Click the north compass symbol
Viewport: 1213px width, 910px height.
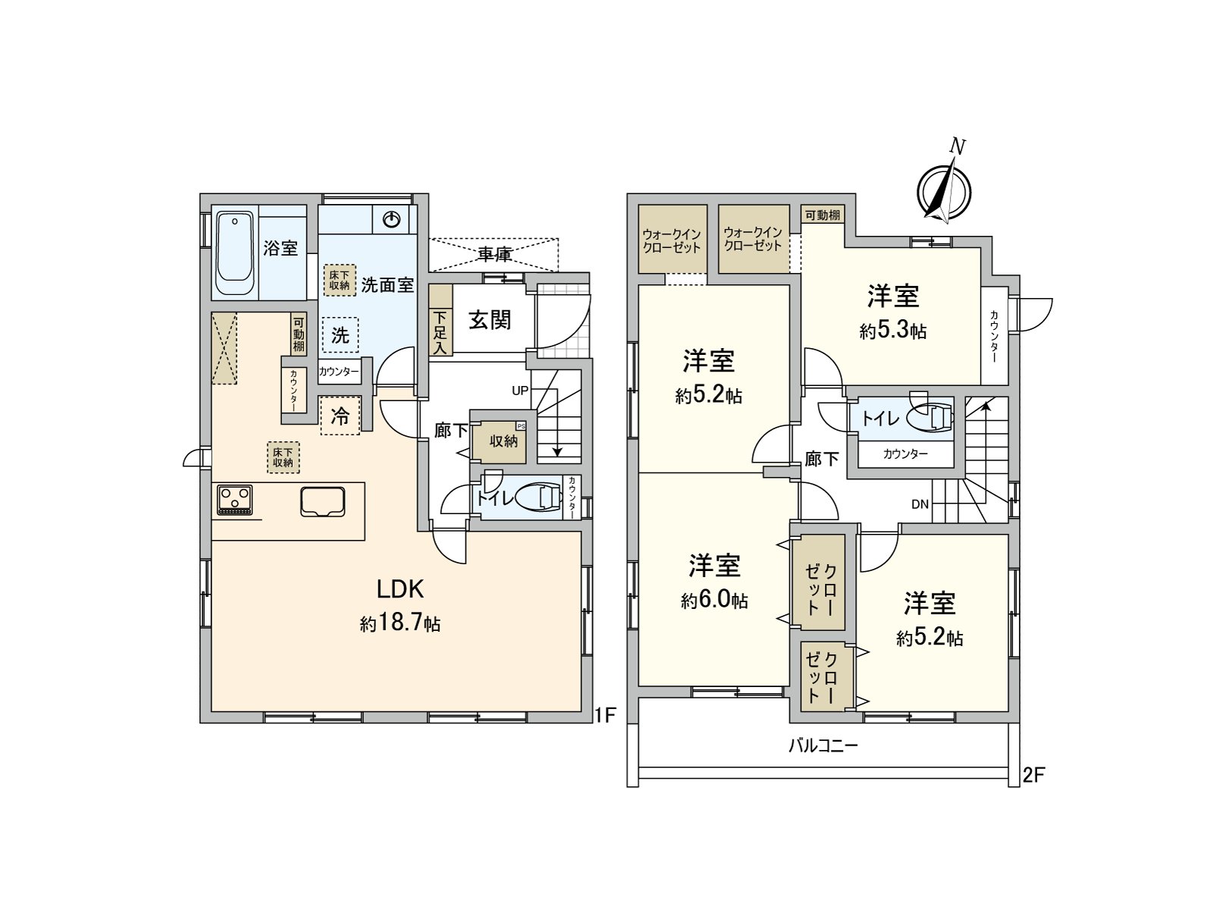[x=944, y=190]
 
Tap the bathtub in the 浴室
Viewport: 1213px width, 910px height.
[x=234, y=255]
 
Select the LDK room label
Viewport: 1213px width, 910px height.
[x=400, y=589]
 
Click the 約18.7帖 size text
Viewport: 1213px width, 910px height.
[x=400, y=624]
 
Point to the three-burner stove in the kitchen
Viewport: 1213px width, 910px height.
[x=234, y=499]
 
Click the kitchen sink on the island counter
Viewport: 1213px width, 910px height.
[x=322, y=501]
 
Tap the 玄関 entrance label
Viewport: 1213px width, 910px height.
[x=489, y=320]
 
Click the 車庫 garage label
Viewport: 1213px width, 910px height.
[x=494, y=254]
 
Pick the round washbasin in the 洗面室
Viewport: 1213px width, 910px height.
[x=391, y=220]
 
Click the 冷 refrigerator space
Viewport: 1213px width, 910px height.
[x=340, y=416]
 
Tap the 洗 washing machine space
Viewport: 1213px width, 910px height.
[x=340, y=334]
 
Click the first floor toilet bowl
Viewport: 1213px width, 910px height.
[x=544, y=498]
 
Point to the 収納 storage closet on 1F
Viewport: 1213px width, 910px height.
[x=503, y=441]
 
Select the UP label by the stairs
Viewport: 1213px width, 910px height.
[x=520, y=391]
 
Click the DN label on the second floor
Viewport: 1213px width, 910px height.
[x=920, y=504]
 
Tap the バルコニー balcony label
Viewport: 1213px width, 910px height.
[x=823, y=745]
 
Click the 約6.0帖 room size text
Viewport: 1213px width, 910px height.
[x=714, y=601]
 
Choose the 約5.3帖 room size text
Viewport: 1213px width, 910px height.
[x=893, y=331]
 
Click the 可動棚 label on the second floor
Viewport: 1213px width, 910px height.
[x=823, y=215]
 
